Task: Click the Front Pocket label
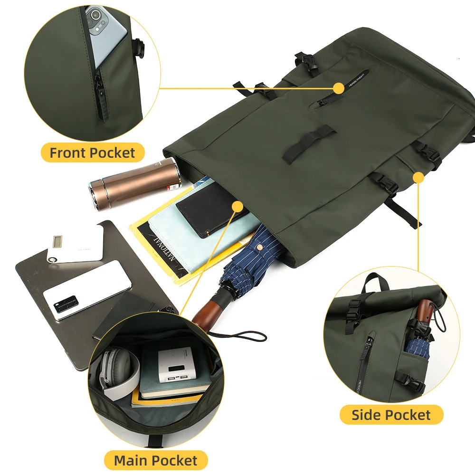(92, 153)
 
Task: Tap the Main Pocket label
(155, 460)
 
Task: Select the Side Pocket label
(391, 415)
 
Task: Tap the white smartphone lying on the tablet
(87, 290)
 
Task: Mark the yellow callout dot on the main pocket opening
(237, 205)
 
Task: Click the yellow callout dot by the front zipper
(339, 88)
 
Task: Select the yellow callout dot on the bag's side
(418, 178)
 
